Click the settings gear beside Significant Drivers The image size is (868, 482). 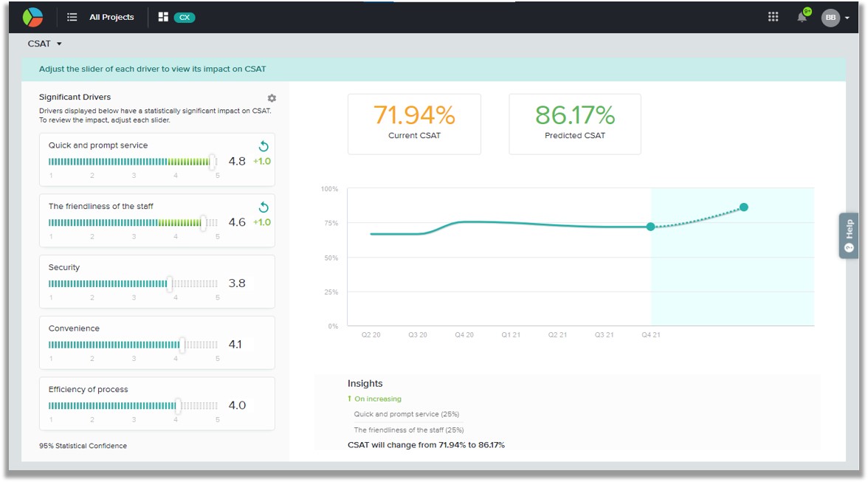pos(272,98)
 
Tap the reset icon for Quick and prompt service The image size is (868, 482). pos(263,146)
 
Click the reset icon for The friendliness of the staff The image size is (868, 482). pos(263,207)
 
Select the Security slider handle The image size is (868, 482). pos(170,283)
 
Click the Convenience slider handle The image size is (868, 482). pos(182,344)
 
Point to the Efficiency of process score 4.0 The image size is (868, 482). pos(237,405)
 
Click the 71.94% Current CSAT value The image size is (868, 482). pos(414,115)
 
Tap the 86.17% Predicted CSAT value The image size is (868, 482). pos(574,115)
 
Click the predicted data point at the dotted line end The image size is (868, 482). pos(744,207)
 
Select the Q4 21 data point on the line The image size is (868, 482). pos(651,227)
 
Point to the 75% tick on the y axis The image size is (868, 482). pos(331,223)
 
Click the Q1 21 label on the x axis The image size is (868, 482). pos(511,335)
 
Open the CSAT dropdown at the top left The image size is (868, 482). pos(45,44)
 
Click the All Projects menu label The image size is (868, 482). pos(112,17)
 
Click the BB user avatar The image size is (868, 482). pos(830,17)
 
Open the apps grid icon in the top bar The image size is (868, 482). pos(774,16)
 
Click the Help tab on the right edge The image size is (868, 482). pos(849,235)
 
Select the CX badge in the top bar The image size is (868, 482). pos(185,17)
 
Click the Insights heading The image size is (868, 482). pos(365,384)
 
